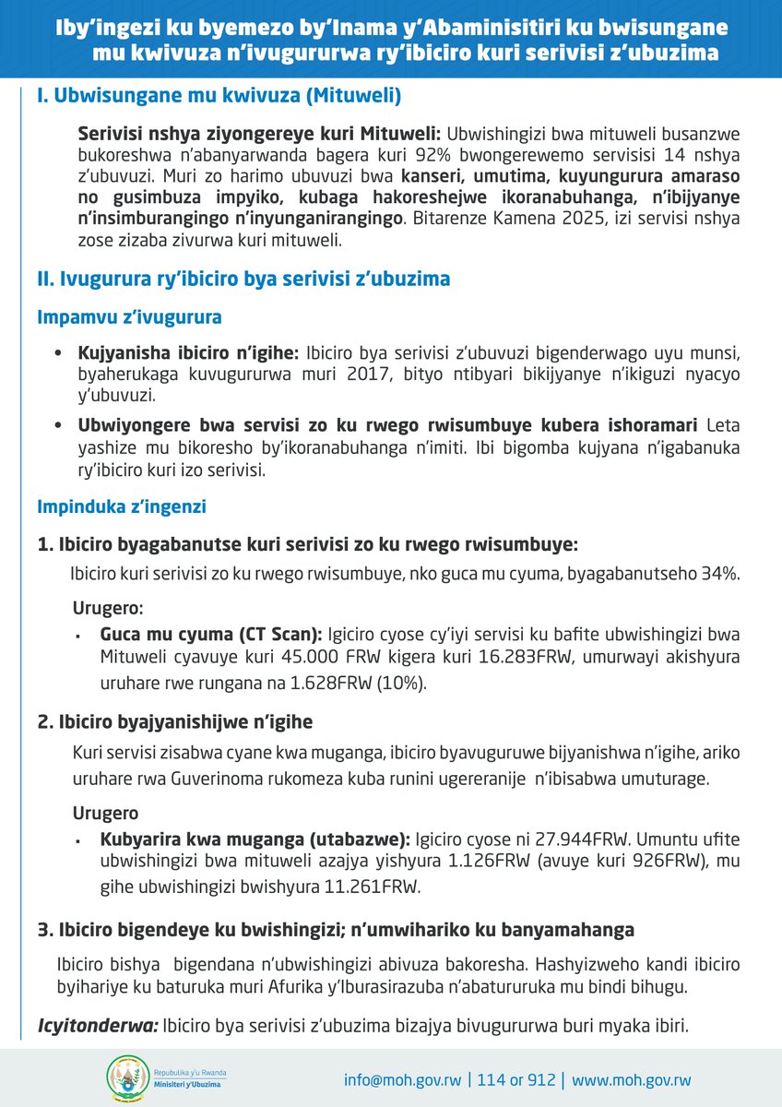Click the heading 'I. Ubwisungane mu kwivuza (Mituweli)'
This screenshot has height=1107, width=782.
219,96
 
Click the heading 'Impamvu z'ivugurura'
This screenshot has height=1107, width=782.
129,318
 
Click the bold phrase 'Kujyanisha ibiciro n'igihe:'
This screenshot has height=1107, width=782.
189,353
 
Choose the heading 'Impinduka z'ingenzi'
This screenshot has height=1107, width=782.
122,506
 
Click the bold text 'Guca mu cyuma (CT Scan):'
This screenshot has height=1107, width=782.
210,636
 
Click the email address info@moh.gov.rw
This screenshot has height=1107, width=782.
402,1080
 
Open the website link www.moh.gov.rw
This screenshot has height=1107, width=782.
632,1080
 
